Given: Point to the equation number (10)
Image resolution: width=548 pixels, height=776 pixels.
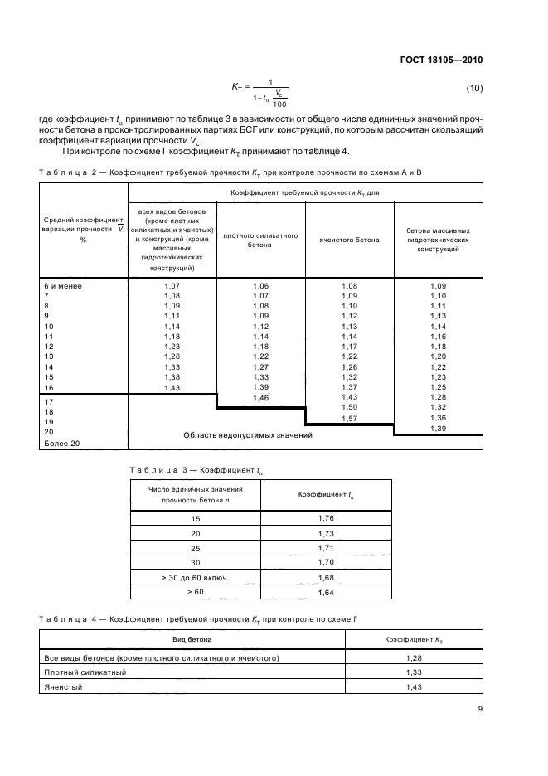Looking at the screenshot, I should pyautogui.click(x=474, y=89).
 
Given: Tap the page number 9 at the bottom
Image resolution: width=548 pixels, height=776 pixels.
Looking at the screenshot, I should pyautogui.click(x=480, y=708).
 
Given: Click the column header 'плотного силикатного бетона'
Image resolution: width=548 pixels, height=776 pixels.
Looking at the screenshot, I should pyautogui.click(x=261, y=240).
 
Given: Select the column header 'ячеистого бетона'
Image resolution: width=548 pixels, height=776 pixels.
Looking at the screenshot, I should pyautogui.click(x=350, y=240).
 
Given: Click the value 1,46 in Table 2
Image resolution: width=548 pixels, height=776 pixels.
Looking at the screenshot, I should pyautogui.click(x=261, y=399).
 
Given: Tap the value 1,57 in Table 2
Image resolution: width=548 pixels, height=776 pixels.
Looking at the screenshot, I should pyautogui.click(x=350, y=420).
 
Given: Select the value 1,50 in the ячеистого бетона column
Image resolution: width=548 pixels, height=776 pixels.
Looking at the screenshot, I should pyautogui.click(x=350, y=409).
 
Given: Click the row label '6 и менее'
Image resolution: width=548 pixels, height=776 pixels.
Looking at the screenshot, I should pyautogui.click(x=60, y=285).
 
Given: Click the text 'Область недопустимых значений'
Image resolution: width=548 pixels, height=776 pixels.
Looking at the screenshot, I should pyautogui.click(x=247, y=435).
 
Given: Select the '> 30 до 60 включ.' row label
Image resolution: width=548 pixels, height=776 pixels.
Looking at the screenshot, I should pyautogui.click(x=195, y=577).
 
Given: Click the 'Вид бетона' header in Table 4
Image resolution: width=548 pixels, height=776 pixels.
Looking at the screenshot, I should pyautogui.click(x=192, y=639).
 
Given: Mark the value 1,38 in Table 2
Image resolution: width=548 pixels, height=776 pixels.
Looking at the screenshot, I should pyautogui.click(x=172, y=377).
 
